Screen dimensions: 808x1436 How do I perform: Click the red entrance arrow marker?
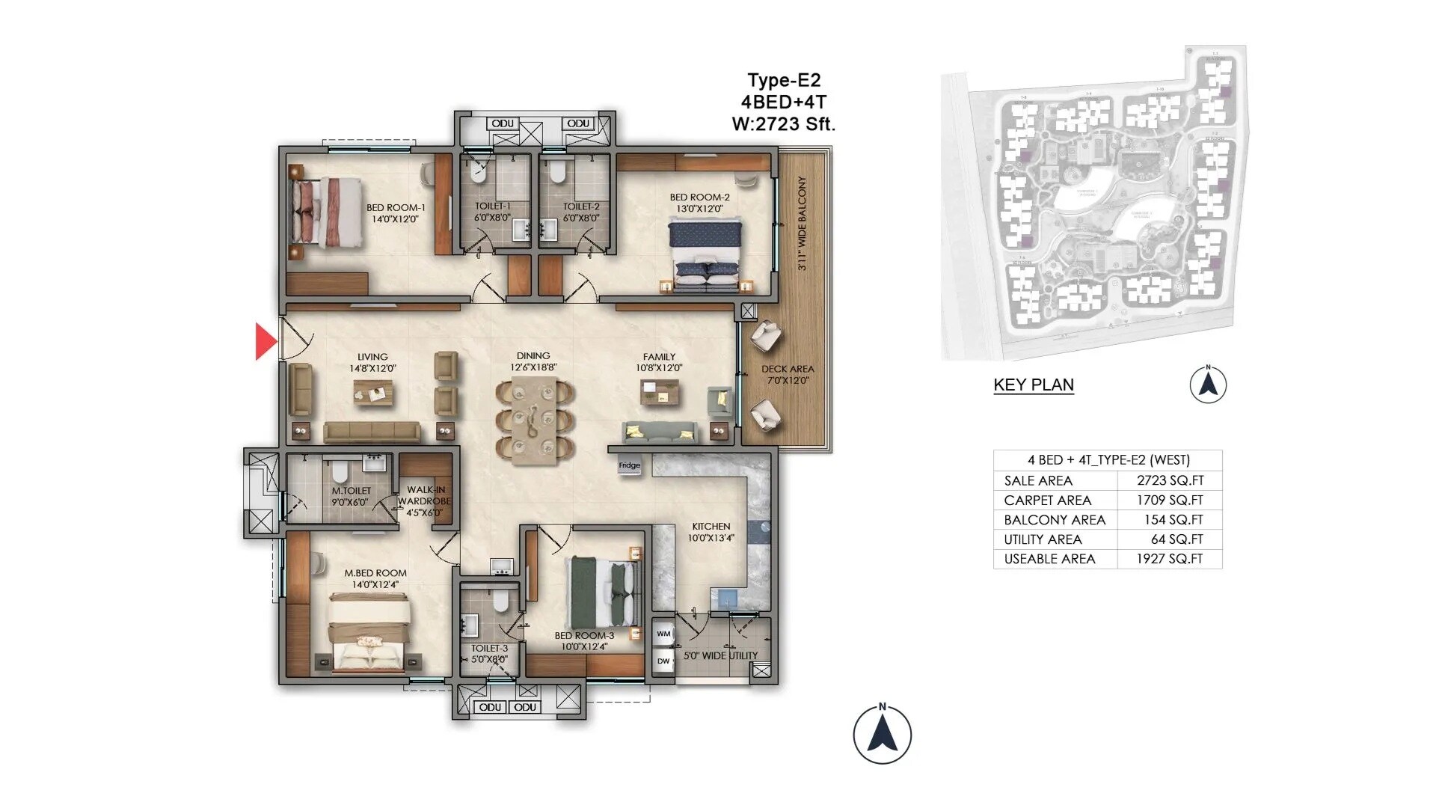[x=266, y=341]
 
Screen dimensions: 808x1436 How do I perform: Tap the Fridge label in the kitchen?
[x=629, y=465]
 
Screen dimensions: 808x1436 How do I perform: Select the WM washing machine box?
[x=663, y=634]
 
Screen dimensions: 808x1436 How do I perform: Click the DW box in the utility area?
[x=663, y=661]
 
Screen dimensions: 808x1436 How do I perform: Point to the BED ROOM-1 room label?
[x=396, y=208]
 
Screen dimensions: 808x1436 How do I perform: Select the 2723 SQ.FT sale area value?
[x=1170, y=480]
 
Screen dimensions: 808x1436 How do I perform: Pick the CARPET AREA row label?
[x=1047, y=500]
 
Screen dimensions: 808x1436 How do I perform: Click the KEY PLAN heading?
[x=1033, y=385]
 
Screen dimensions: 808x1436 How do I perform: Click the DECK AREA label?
[x=788, y=369]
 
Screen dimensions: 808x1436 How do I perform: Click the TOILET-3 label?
[x=489, y=649]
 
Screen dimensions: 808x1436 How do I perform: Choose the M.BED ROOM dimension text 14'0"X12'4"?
[x=375, y=584]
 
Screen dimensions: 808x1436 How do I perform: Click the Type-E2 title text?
[x=783, y=80]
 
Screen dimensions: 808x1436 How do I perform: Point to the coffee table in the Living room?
[x=373, y=392]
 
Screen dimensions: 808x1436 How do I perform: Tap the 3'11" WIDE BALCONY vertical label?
[x=802, y=223]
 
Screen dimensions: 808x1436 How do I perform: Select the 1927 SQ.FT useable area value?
[x=1169, y=558]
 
